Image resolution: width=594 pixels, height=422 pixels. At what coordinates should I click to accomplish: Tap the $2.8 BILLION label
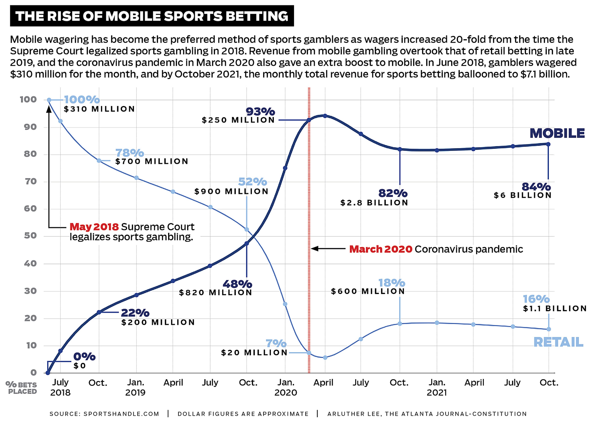pos(374,203)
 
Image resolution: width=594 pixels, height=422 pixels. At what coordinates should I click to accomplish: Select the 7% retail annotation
pos(276,343)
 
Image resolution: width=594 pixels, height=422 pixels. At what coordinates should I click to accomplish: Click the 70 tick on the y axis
pos(31,181)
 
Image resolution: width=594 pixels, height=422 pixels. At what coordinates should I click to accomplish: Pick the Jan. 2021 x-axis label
pos(437,387)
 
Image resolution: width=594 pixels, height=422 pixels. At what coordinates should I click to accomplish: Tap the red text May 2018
pos(94,227)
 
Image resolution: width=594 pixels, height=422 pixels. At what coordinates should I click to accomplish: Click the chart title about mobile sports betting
pos(152,16)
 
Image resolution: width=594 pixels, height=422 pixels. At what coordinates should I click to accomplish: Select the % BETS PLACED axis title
pos(21,388)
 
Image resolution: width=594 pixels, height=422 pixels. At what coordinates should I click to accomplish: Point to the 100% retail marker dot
pos(49,100)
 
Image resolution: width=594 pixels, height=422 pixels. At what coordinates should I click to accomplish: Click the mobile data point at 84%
pos(548,144)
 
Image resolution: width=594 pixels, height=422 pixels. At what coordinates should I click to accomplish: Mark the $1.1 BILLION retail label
pos(555,308)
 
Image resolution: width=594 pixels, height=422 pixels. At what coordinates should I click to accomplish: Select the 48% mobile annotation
pos(237,284)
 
